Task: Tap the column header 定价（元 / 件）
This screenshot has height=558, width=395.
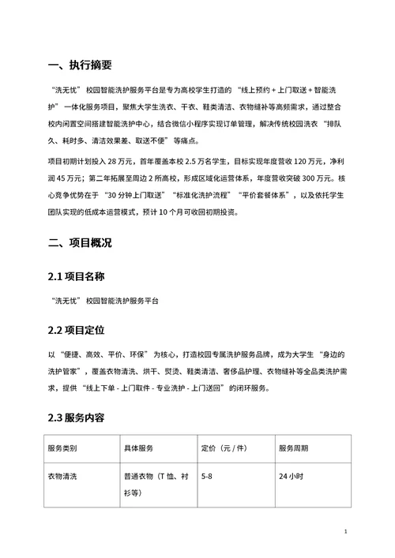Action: tap(228, 448)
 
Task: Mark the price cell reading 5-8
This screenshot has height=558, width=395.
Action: tap(208, 477)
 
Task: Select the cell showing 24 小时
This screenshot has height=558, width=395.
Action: tap(291, 477)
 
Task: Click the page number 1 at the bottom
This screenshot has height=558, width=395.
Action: tap(347, 533)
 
